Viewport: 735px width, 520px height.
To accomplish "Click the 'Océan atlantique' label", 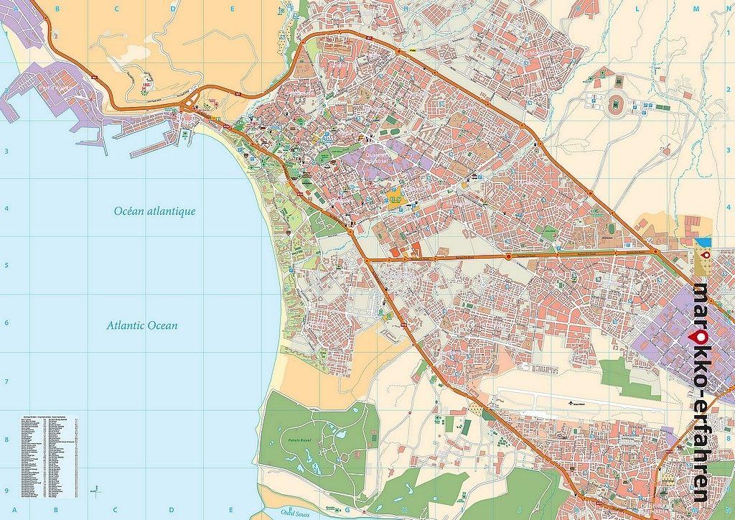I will click(x=154, y=211).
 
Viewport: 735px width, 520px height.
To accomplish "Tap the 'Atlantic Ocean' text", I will click(x=141, y=325).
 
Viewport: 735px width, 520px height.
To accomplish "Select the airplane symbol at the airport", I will click(x=571, y=403).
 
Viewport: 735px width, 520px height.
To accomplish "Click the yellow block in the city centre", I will click(x=395, y=200).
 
